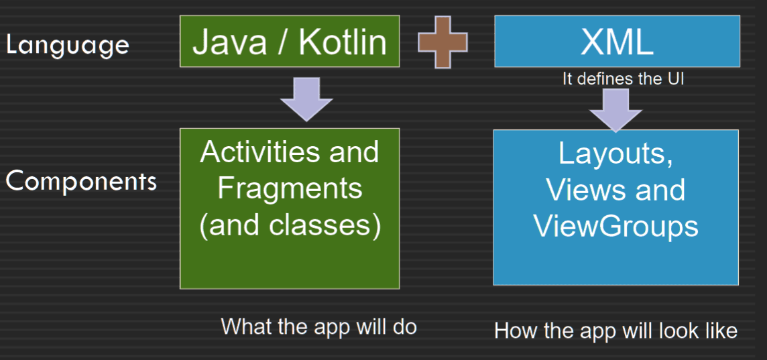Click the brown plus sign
[x=442, y=42]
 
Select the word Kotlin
[x=343, y=42]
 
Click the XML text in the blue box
[x=617, y=42]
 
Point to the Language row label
[x=68, y=46]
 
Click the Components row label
[x=81, y=182]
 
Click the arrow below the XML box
[x=615, y=110]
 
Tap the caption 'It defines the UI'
[x=623, y=79]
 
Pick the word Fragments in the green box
[x=290, y=189]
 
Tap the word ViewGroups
[x=615, y=227]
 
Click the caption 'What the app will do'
[x=319, y=326]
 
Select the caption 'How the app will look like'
[x=615, y=331]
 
